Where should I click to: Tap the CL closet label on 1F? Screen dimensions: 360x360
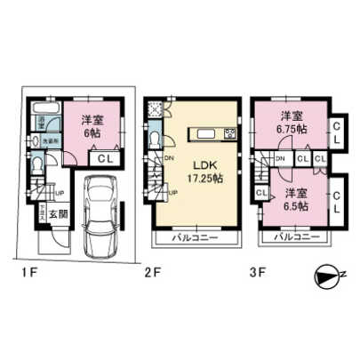click(x=104, y=159)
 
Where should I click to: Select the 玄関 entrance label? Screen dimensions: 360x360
click(x=57, y=213)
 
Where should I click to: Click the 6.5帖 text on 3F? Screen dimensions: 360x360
click(x=291, y=206)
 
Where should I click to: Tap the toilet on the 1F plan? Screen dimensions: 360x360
click(x=36, y=165)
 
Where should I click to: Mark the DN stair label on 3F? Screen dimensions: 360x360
click(x=281, y=158)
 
